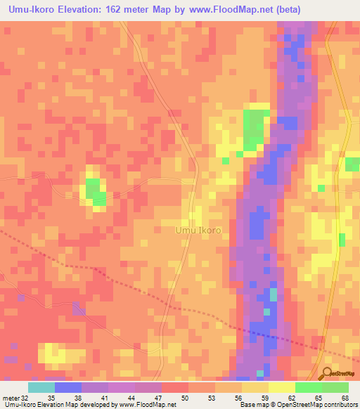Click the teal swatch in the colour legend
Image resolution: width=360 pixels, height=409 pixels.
click(41, 387)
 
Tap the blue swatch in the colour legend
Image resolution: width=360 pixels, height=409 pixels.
click(68, 387)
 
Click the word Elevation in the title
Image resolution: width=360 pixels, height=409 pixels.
click(82, 9)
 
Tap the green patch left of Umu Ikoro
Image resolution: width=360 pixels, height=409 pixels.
click(94, 191)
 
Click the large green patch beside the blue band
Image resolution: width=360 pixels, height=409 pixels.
click(255, 128)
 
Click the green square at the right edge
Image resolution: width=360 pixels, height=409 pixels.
click(352, 164)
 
